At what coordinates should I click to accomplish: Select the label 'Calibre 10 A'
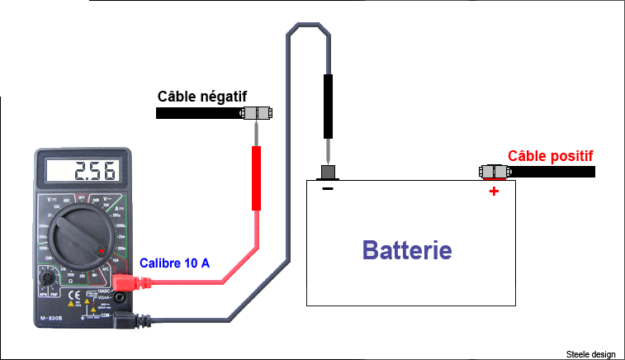pos(174,263)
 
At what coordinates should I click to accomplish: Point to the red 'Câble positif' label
pos(551,155)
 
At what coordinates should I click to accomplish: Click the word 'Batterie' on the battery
pos(408,249)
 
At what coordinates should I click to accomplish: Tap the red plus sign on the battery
pos(494,192)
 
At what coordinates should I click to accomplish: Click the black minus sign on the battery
pos(328,190)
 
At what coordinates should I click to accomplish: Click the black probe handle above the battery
pos(328,106)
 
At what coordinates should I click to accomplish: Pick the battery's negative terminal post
pos(328,172)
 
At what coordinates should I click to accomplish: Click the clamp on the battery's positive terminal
pos(494,172)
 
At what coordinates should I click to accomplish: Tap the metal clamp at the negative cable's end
pos(257,113)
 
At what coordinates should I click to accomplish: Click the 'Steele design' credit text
pos(591,353)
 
